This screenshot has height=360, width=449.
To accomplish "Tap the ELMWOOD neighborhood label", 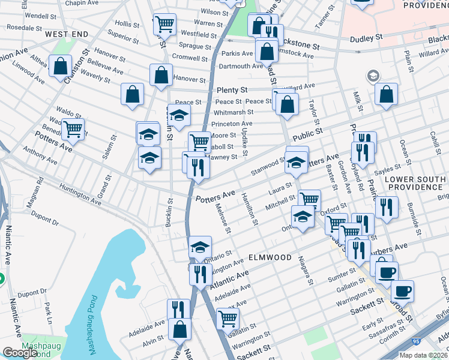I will tap(270, 257).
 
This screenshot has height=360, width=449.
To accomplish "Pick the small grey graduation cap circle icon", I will tap(373, 76).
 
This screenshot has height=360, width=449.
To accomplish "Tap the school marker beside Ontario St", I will tap(200, 247).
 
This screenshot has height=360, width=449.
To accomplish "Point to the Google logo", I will tap(19, 353).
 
